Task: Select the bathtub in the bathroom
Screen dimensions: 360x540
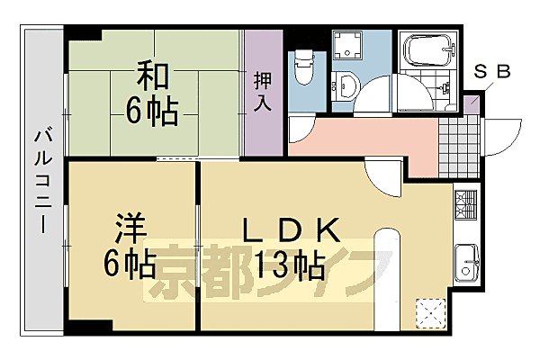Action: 426,49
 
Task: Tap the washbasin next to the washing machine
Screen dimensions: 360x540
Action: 349,87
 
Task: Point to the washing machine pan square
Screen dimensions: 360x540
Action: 346,47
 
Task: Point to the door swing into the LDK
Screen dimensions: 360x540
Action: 382,175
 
